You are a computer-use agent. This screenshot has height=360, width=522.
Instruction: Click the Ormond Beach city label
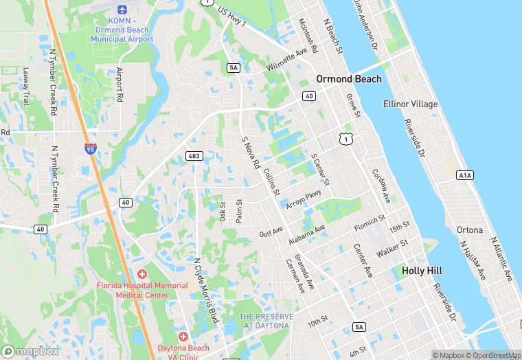pyautogui.click(x=348, y=79)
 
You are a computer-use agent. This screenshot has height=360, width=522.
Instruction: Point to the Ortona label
pyautogui.click(x=469, y=229)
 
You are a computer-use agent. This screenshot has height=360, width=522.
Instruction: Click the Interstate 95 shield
pyautogui.click(x=90, y=148)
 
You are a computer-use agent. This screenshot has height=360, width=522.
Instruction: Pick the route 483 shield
pyautogui.click(x=194, y=157)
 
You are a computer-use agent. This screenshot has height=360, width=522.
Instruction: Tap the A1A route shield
pyautogui.click(x=465, y=175)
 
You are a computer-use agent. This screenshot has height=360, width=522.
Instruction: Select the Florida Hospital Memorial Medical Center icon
pyautogui.click(x=142, y=274)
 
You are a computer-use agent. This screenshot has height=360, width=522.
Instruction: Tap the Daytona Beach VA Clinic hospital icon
pyautogui.click(x=183, y=337)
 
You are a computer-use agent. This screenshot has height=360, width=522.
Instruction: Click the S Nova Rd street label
pyautogui.click(x=250, y=153)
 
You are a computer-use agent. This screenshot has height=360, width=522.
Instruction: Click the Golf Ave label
pyautogui.click(x=271, y=233)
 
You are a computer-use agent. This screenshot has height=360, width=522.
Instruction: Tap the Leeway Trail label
pyautogui.click(x=26, y=87)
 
